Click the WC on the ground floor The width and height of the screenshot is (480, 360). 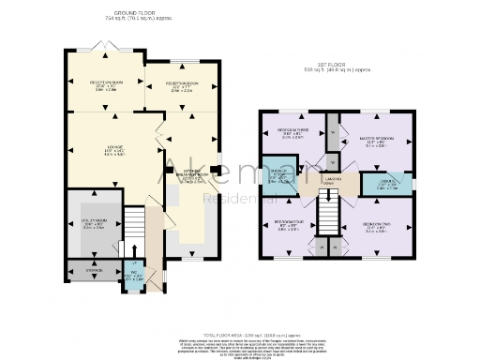pos(132,277)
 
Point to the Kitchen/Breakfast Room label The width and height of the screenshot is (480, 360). pos(190,172)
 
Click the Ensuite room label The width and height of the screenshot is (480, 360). pos(375,185)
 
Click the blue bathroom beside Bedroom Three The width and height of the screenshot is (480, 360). pos(279,177)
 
